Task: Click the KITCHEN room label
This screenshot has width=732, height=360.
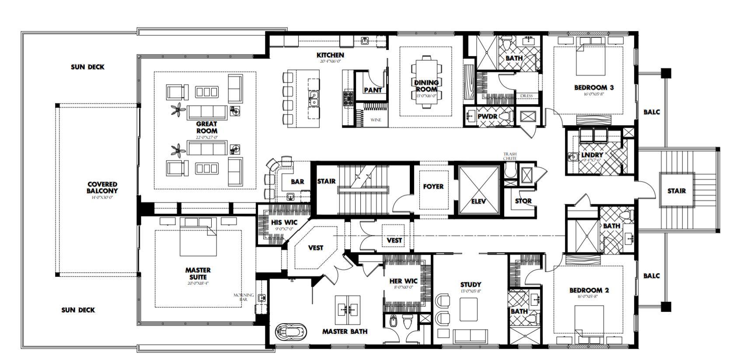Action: click(x=330, y=55)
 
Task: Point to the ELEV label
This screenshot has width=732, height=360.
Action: click(x=479, y=202)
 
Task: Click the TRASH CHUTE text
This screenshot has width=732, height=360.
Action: click(x=510, y=156)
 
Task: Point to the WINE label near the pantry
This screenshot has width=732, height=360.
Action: click(x=376, y=120)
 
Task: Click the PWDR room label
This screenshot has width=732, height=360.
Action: click(x=485, y=117)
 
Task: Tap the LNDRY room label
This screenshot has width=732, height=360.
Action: click(x=592, y=155)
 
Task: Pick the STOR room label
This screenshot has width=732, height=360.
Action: click(x=523, y=201)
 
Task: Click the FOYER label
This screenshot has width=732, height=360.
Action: click(x=433, y=186)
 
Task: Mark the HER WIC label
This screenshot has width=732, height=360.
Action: click(x=404, y=281)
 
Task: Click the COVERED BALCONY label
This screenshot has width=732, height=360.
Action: click(x=102, y=188)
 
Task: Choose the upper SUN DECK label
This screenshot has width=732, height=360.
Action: click(x=87, y=67)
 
